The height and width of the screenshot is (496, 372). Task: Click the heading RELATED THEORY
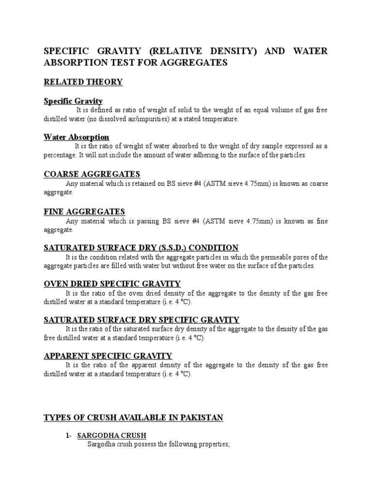tap(83, 82)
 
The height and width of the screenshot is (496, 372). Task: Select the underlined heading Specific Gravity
tap(73, 101)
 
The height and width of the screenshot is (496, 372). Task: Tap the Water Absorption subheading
tap(77, 137)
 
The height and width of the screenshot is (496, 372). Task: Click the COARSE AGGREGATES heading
tap(92, 174)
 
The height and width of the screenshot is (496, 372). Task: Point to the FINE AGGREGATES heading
tap(85, 211)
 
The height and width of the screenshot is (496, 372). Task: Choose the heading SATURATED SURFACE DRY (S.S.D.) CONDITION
tap(141, 248)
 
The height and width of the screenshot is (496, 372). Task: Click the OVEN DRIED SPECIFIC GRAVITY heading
tap(112, 284)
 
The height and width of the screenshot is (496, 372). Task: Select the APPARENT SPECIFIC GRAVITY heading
tap(108, 356)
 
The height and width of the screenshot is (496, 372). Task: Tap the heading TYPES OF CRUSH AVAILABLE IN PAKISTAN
tap(133, 418)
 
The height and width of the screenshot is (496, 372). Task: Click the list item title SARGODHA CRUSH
tap(112, 435)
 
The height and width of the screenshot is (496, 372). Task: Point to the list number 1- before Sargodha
tap(69, 435)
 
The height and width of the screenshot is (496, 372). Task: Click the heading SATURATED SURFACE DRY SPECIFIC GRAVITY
tap(141, 320)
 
